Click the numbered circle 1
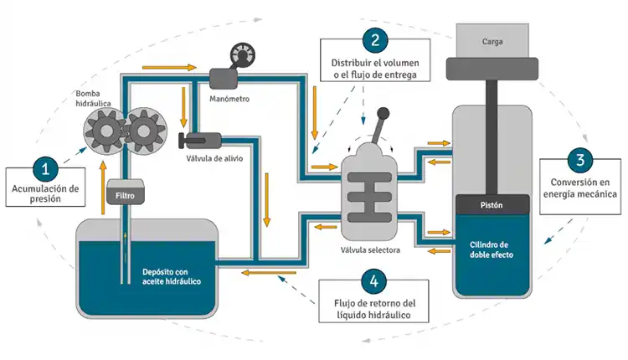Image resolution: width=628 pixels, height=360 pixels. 45,169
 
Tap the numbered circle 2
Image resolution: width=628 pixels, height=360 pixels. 375,40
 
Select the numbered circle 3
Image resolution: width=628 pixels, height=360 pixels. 580,160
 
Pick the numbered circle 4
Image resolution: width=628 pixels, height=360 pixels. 373,281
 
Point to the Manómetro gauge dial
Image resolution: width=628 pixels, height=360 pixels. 243,55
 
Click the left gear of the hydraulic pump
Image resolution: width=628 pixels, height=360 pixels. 106,131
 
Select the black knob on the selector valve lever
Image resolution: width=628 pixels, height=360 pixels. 383,114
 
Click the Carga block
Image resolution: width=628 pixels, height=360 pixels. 492,40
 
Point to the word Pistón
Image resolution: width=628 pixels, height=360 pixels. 492,205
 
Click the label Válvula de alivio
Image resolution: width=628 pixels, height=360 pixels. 214,158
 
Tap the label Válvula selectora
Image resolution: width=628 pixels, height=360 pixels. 370,250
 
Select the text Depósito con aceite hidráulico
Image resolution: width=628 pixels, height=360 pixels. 172,277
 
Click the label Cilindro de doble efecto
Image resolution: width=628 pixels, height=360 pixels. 492,249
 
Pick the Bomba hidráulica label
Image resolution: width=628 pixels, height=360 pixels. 93,99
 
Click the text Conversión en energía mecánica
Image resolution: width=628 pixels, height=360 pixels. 580,188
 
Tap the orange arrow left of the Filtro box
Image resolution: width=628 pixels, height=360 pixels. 103,188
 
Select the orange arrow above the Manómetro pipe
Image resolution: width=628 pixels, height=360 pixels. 169,67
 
